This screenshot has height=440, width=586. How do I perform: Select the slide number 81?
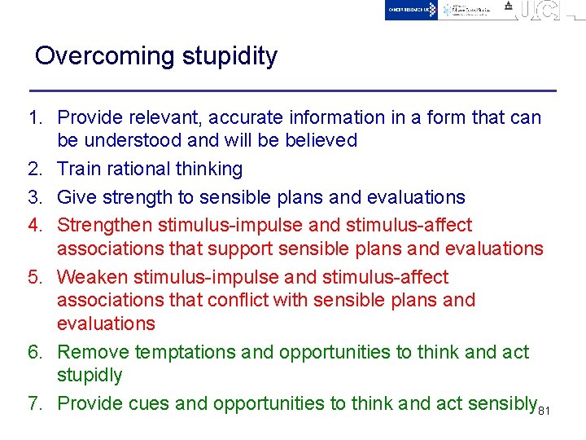tap(545, 410)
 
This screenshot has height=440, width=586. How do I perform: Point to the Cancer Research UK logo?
tap(411, 10)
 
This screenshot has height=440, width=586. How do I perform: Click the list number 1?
tap(33, 117)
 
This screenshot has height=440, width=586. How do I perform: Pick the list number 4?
tap(33, 225)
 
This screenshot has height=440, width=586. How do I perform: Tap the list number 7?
tap(33, 403)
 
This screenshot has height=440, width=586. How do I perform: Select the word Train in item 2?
tap(78, 169)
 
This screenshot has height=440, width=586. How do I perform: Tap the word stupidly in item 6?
tap(90, 376)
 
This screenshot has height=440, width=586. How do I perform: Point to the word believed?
tap(321, 140)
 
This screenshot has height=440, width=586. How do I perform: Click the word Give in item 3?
tap(76, 197)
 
